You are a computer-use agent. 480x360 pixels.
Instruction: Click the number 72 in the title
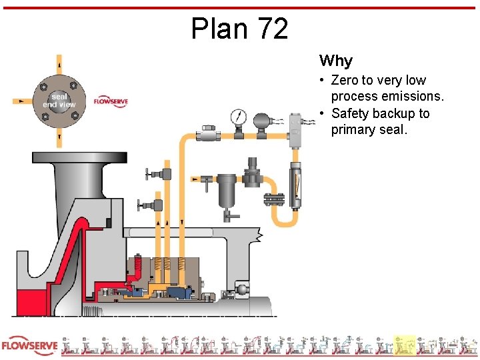(271, 29)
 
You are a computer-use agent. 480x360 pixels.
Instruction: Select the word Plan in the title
(215, 29)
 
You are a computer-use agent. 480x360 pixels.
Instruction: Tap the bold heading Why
(335, 61)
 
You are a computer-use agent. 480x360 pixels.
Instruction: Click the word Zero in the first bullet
(345, 81)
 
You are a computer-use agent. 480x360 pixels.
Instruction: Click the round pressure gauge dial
(237, 117)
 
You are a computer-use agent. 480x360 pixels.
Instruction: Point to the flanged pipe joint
(273, 199)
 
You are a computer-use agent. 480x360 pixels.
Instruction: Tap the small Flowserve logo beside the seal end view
(111, 101)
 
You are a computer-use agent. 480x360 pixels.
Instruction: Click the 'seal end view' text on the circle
(59, 101)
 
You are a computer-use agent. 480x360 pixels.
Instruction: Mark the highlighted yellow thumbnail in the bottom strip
(405, 345)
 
